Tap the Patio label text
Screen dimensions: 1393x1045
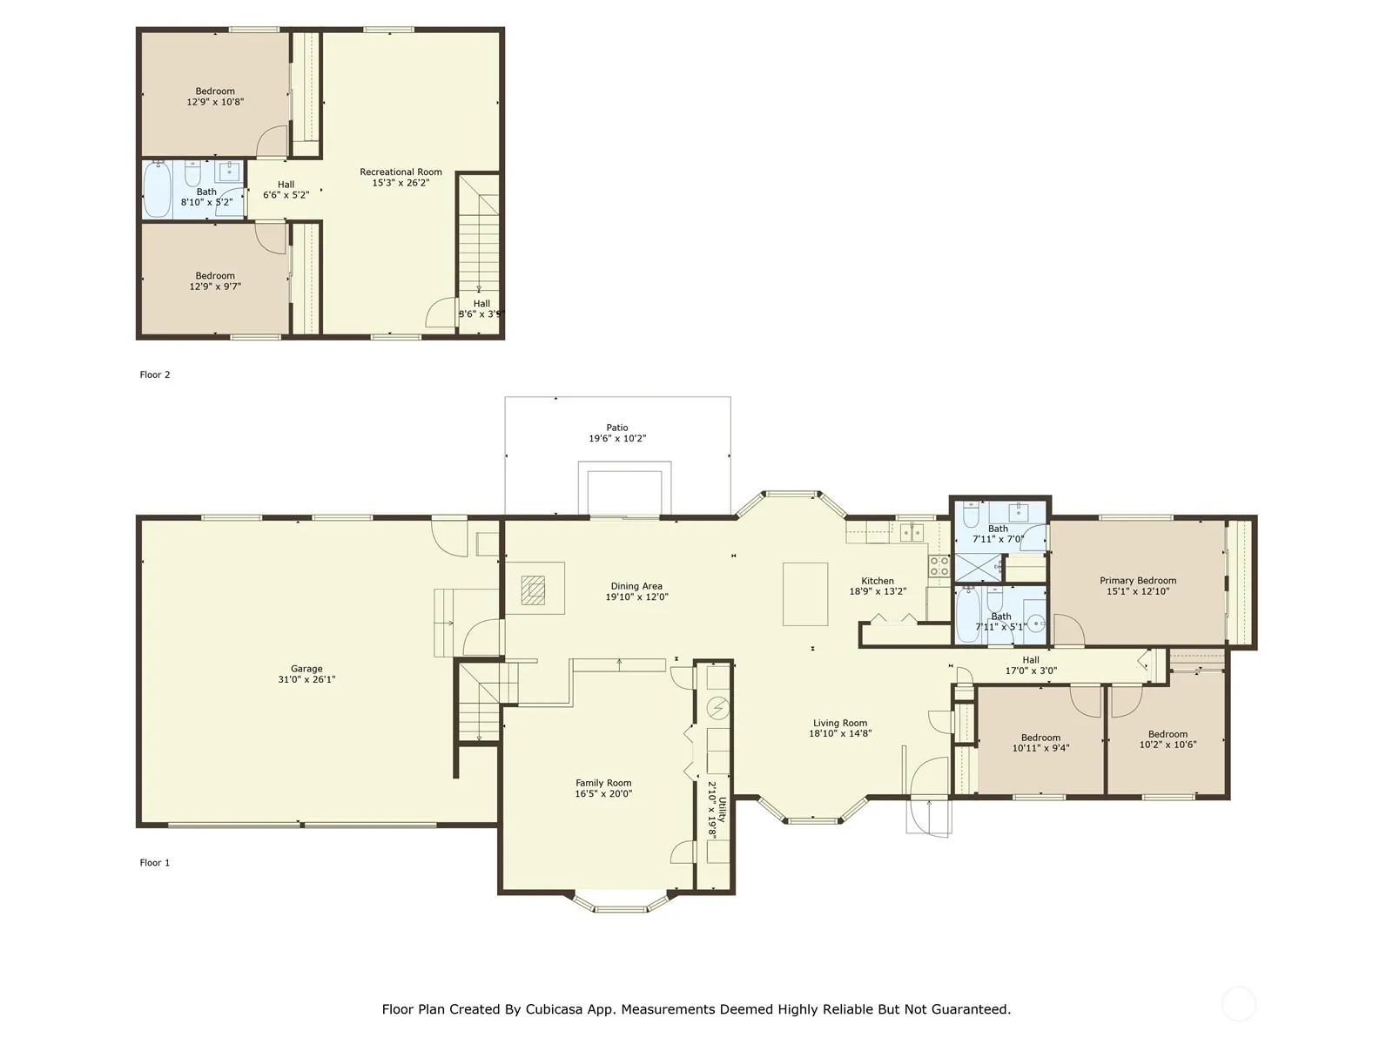coord(617,428)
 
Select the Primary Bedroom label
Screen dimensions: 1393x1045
coord(1138,581)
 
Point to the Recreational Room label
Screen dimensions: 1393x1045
coord(400,172)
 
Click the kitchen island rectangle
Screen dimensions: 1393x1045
coord(804,595)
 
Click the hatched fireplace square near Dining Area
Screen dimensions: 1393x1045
coord(533,590)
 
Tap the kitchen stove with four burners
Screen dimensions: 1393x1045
coord(939,566)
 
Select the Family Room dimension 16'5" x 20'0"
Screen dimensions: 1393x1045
coord(603,793)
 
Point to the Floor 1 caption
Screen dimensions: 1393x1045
coord(155,863)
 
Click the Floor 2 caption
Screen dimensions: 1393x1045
coord(155,375)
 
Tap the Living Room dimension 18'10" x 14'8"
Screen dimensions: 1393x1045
coord(840,733)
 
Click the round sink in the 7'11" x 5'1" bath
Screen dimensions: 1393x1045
coord(1036,624)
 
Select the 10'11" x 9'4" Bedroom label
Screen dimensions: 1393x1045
coord(1040,743)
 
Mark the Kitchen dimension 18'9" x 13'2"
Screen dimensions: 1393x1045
coord(878,591)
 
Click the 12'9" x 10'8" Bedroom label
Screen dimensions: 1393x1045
coord(215,97)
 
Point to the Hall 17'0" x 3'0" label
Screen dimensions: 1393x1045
coord(1031,665)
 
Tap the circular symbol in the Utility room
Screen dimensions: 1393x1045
coord(718,708)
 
